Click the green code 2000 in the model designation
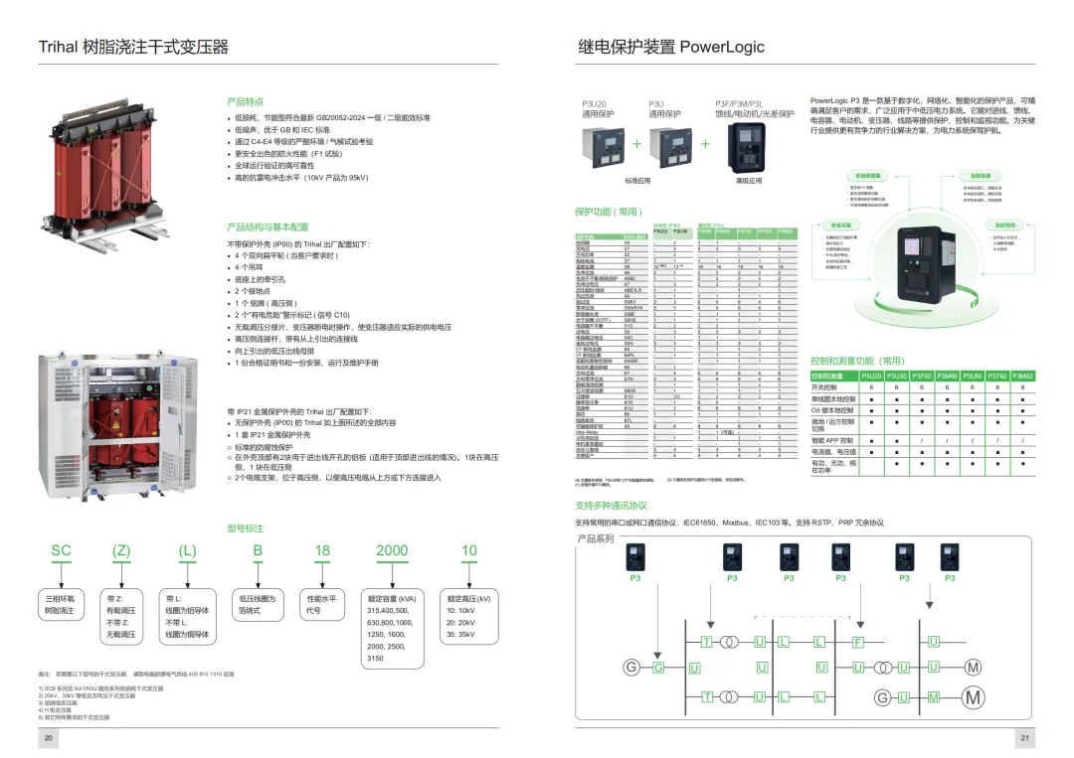392,550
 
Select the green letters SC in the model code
61,550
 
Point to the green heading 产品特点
245,101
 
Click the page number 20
48,738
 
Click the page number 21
1024,738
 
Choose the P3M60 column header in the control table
947,377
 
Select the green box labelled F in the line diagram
857,643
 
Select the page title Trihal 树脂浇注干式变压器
133,47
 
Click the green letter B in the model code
257,550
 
